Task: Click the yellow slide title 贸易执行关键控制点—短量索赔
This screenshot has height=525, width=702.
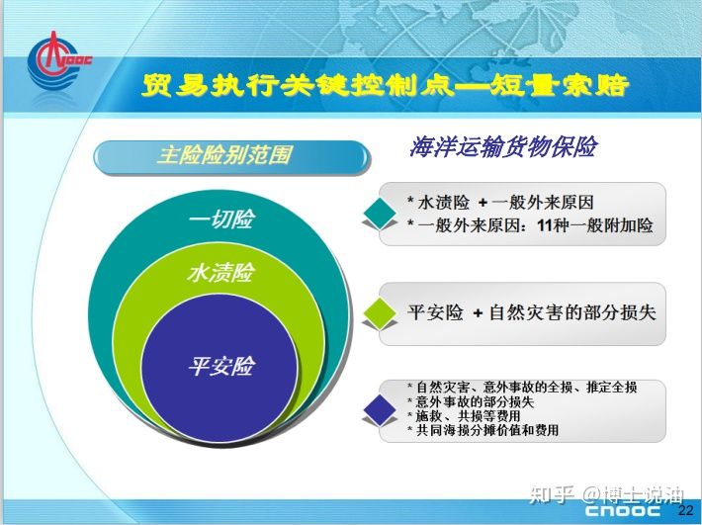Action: pyautogui.click(x=386, y=85)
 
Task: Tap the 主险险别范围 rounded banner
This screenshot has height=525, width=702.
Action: pyautogui.click(x=231, y=156)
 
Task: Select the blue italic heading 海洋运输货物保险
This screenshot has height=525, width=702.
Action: pyautogui.click(x=503, y=146)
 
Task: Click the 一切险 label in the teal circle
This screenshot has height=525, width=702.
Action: pyautogui.click(x=222, y=219)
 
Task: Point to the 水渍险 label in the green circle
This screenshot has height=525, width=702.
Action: pyautogui.click(x=221, y=273)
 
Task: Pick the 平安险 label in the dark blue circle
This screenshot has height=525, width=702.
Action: pyautogui.click(x=221, y=366)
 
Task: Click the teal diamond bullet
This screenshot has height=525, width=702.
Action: pyautogui.click(x=380, y=214)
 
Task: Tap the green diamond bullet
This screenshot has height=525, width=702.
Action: pyautogui.click(x=380, y=313)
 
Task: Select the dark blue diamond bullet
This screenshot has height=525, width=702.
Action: pyautogui.click(x=380, y=409)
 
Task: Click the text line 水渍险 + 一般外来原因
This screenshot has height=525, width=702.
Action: pyautogui.click(x=500, y=203)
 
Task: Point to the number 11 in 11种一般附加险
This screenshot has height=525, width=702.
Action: pyautogui.click(x=545, y=225)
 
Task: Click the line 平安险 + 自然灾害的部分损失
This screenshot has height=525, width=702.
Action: pyautogui.click(x=531, y=312)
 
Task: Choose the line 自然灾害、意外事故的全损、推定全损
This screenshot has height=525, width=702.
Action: pyautogui.click(x=522, y=387)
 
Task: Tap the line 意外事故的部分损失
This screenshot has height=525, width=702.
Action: pyautogui.click(x=471, y=401)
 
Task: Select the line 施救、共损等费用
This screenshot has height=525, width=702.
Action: pyautogui.click(x=464, y=416)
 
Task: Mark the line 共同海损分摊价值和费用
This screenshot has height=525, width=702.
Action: pyautogui.click(x=483, y=430)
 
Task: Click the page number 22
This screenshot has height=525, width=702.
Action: pyautogui.click(x=685, y=510)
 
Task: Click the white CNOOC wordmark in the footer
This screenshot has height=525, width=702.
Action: pyautogui.click(x=622, y=510)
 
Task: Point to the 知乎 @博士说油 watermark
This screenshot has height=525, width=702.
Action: pyautogui.click(x=607, y=494)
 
